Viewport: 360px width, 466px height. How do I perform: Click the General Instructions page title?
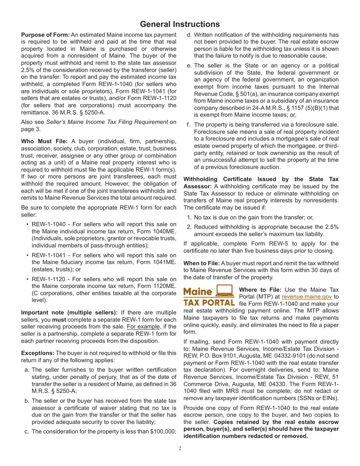(x=180, y=24)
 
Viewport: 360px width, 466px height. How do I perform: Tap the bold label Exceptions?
(x=38, y=353)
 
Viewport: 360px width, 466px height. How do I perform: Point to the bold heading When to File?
(x=201, y=263)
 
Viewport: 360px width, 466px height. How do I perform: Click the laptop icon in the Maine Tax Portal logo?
(x=225, y=291)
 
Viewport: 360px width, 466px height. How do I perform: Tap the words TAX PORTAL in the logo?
(x=209, y=303)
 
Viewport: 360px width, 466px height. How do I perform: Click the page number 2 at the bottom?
(x=180, y=449)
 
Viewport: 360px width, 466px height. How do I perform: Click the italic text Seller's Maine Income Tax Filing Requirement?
(x=107, y=122)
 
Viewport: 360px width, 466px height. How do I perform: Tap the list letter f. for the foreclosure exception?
(x=188, y=125)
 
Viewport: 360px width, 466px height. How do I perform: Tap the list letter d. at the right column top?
(x=189, y=35)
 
